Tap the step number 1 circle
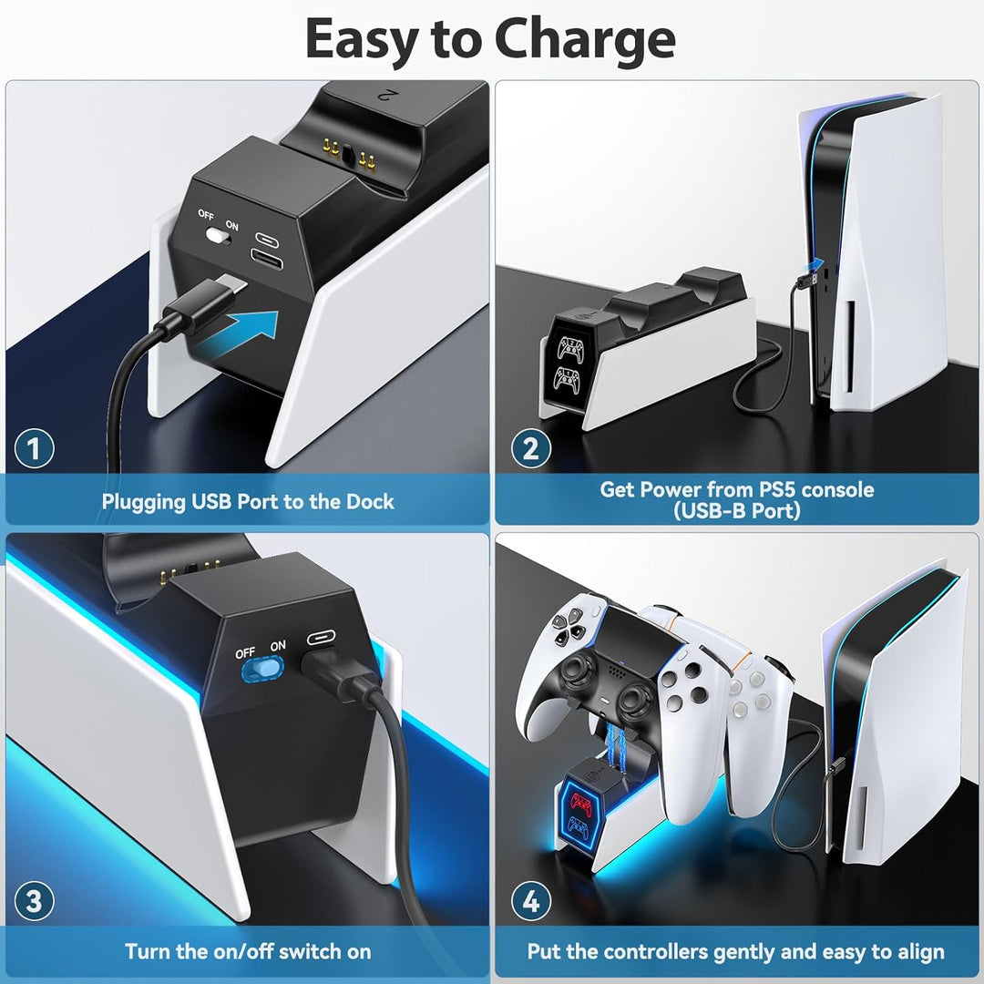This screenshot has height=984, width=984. coord(35,448)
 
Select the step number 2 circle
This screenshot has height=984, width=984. coord(530,448)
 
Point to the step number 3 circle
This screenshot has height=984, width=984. coord(35,902)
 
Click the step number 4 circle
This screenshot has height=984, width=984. coord(530,902)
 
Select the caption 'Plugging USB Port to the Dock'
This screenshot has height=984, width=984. coord(248,501)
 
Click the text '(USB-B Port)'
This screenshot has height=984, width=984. coord(737,511)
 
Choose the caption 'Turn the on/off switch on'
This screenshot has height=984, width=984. coord(248,951)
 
